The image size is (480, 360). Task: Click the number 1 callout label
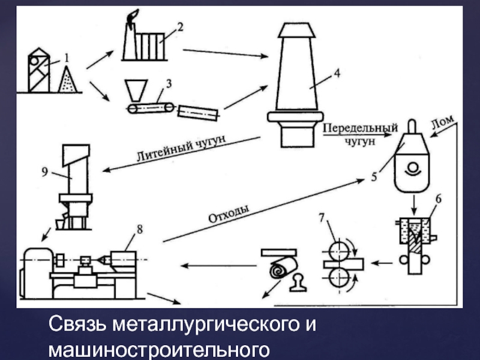pos(67,58)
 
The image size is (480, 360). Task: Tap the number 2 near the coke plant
pos(179,26)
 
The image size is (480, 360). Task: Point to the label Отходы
pos(228,213)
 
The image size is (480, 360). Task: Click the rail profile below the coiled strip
pos(297,283)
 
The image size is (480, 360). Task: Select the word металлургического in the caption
pos(193,326)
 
